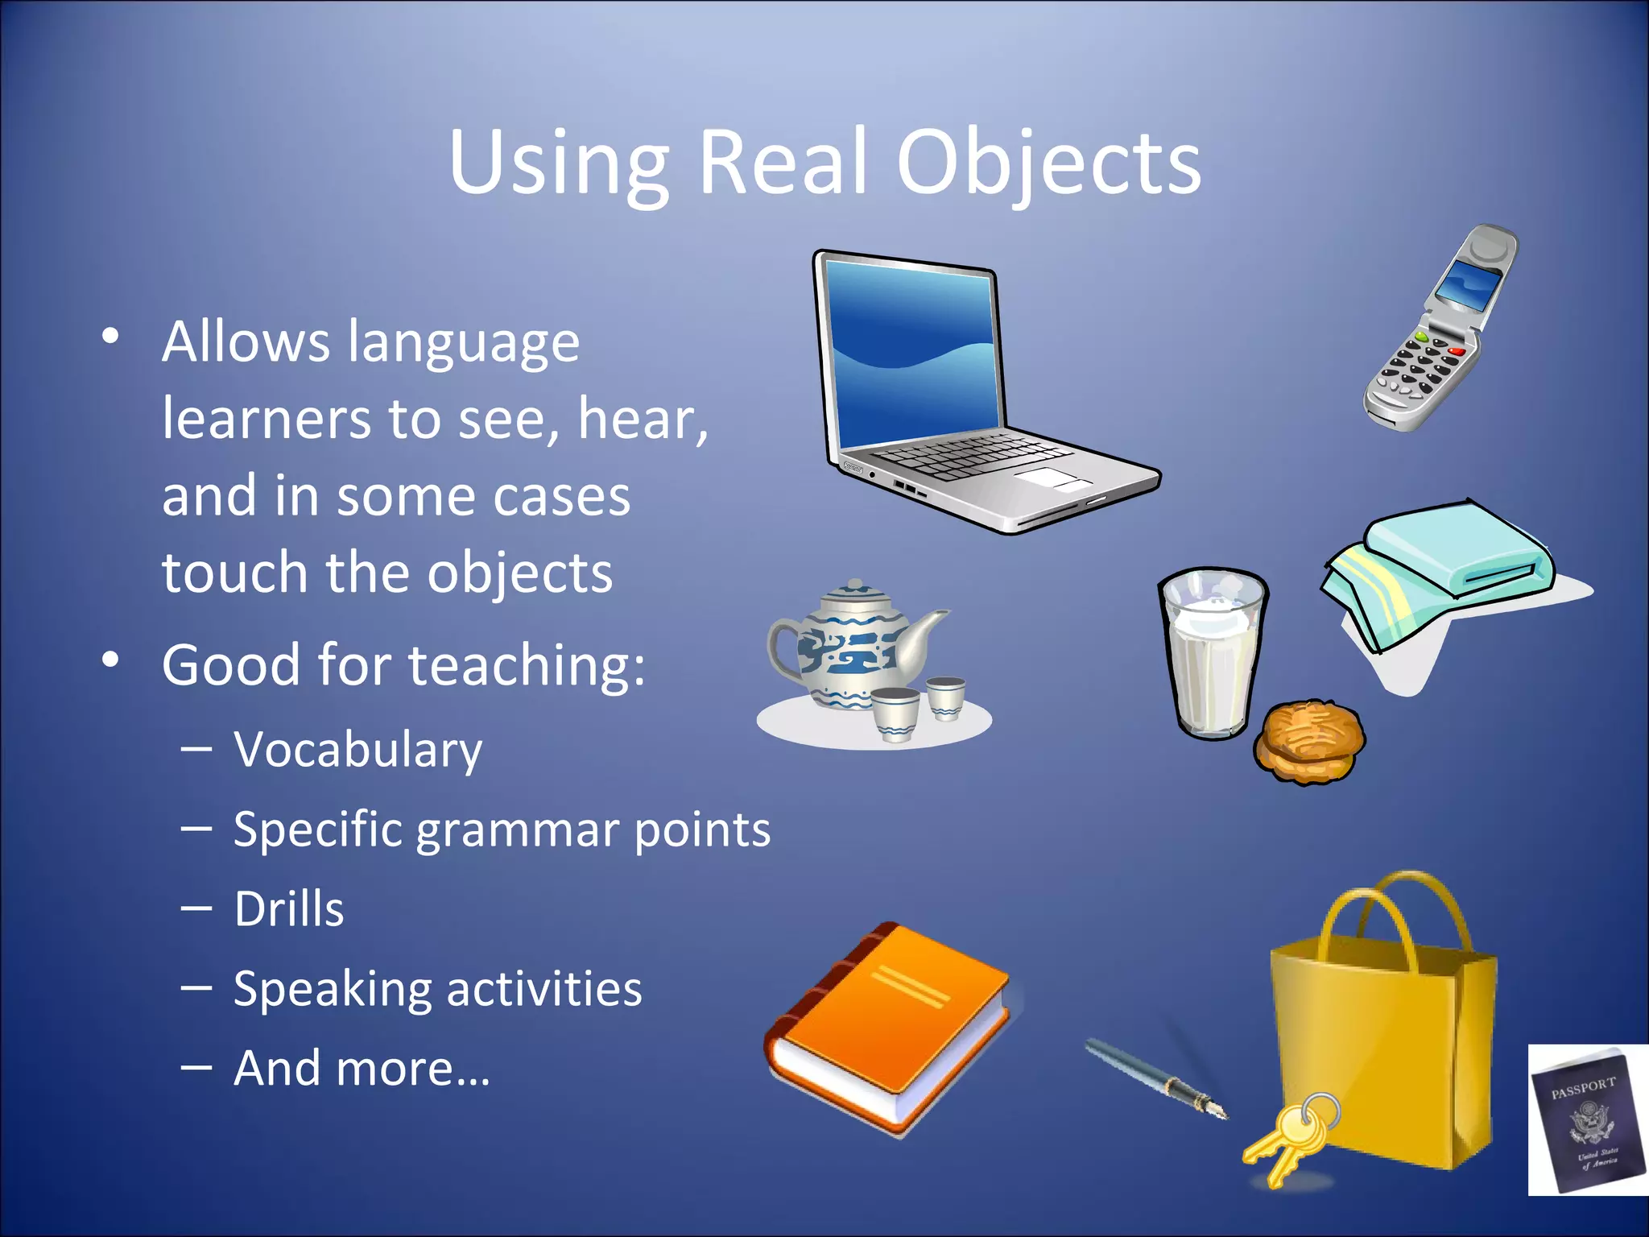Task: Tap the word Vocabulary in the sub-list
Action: pyautogui.click(x=358, y=751)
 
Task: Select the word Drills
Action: pyautogui.click(x=289, y=910)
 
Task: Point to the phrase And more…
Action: pyautogui.click(x=362, y=1069)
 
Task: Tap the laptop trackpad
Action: pyautogui.click(x=1052, y=479)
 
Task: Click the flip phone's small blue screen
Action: pyautogui.click(x=1470, y=286)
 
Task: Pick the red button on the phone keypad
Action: pyautogui.click(x=1457, y=352)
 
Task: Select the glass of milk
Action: pyautogui.click(x=1211, y=652)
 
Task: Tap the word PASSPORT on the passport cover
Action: pyautogui.click(x=1583, y=1088)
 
